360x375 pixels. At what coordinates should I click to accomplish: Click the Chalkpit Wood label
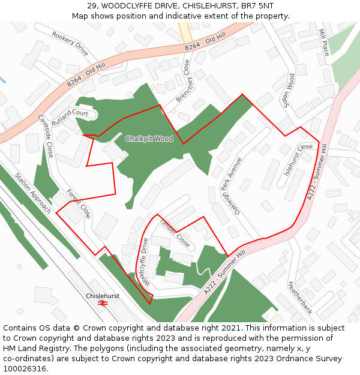click(149, 139)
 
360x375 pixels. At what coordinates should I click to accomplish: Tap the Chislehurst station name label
click(103, 296)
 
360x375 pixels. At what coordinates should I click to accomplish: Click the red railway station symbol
click(103, 304)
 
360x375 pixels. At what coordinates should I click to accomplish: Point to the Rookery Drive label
click(70, 44)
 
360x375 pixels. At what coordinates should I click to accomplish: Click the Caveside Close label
click(46, 136)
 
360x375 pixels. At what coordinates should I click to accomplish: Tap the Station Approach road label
click(32, 193)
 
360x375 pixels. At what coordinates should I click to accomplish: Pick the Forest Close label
click(79, 203)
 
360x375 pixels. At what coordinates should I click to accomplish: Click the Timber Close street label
click(175, 233)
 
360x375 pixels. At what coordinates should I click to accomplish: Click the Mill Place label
click(324, 42)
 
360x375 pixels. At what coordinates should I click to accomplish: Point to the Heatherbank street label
click(300, 298)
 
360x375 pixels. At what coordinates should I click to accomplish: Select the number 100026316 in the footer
click(25, 369)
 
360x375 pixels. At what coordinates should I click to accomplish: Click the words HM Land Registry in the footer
click(31, 349)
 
